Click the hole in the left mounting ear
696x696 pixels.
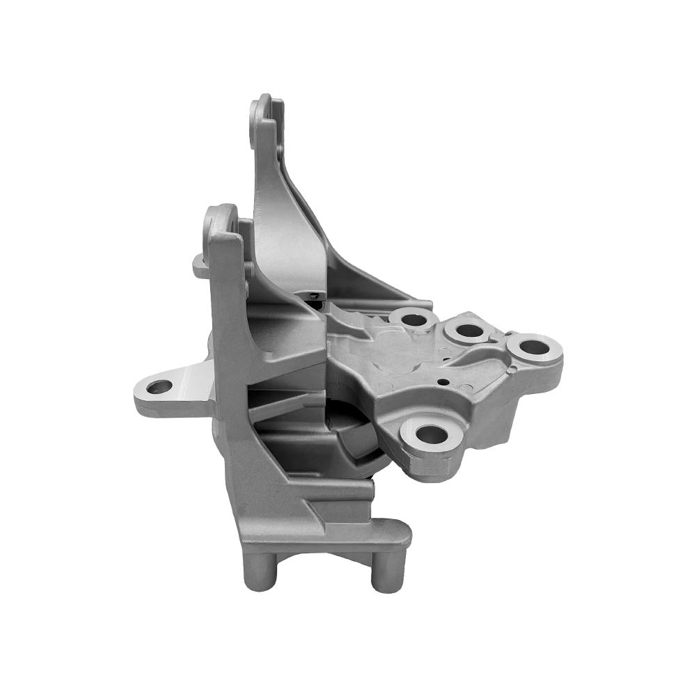159,386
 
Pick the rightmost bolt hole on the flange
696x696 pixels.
533,346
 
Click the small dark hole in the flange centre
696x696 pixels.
443,381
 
